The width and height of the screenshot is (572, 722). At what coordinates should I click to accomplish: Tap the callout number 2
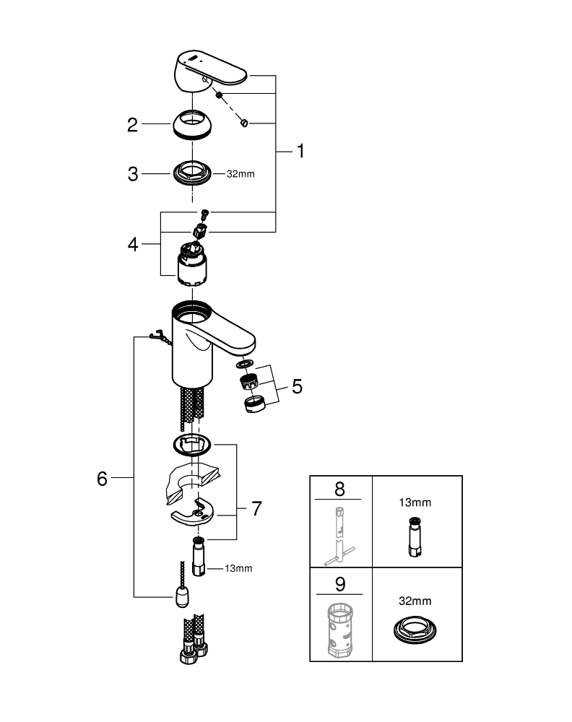[132, 125]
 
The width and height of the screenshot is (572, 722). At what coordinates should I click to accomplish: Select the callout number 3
[132, 174]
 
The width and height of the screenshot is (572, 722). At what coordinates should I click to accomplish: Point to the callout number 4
[132, 244]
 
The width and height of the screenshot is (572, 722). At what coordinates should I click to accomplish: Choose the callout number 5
[297, 386]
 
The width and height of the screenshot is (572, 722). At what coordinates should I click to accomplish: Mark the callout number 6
[102, 478]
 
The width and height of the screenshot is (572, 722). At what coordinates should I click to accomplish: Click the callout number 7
[256, 508]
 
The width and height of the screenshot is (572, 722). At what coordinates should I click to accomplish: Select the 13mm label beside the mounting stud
[238, 569]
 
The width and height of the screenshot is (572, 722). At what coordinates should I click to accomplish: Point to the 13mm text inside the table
[416, 501]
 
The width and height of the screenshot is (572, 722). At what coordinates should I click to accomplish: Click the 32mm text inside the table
[416, 600]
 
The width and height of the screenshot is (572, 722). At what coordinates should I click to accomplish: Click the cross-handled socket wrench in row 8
[337, 535]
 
